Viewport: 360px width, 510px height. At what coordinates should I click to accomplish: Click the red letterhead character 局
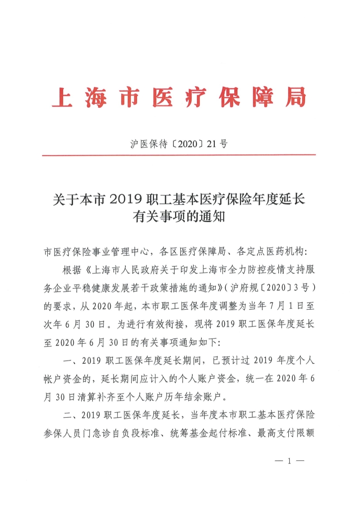[295, 97]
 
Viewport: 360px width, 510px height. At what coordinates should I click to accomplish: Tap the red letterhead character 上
[63, 97]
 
